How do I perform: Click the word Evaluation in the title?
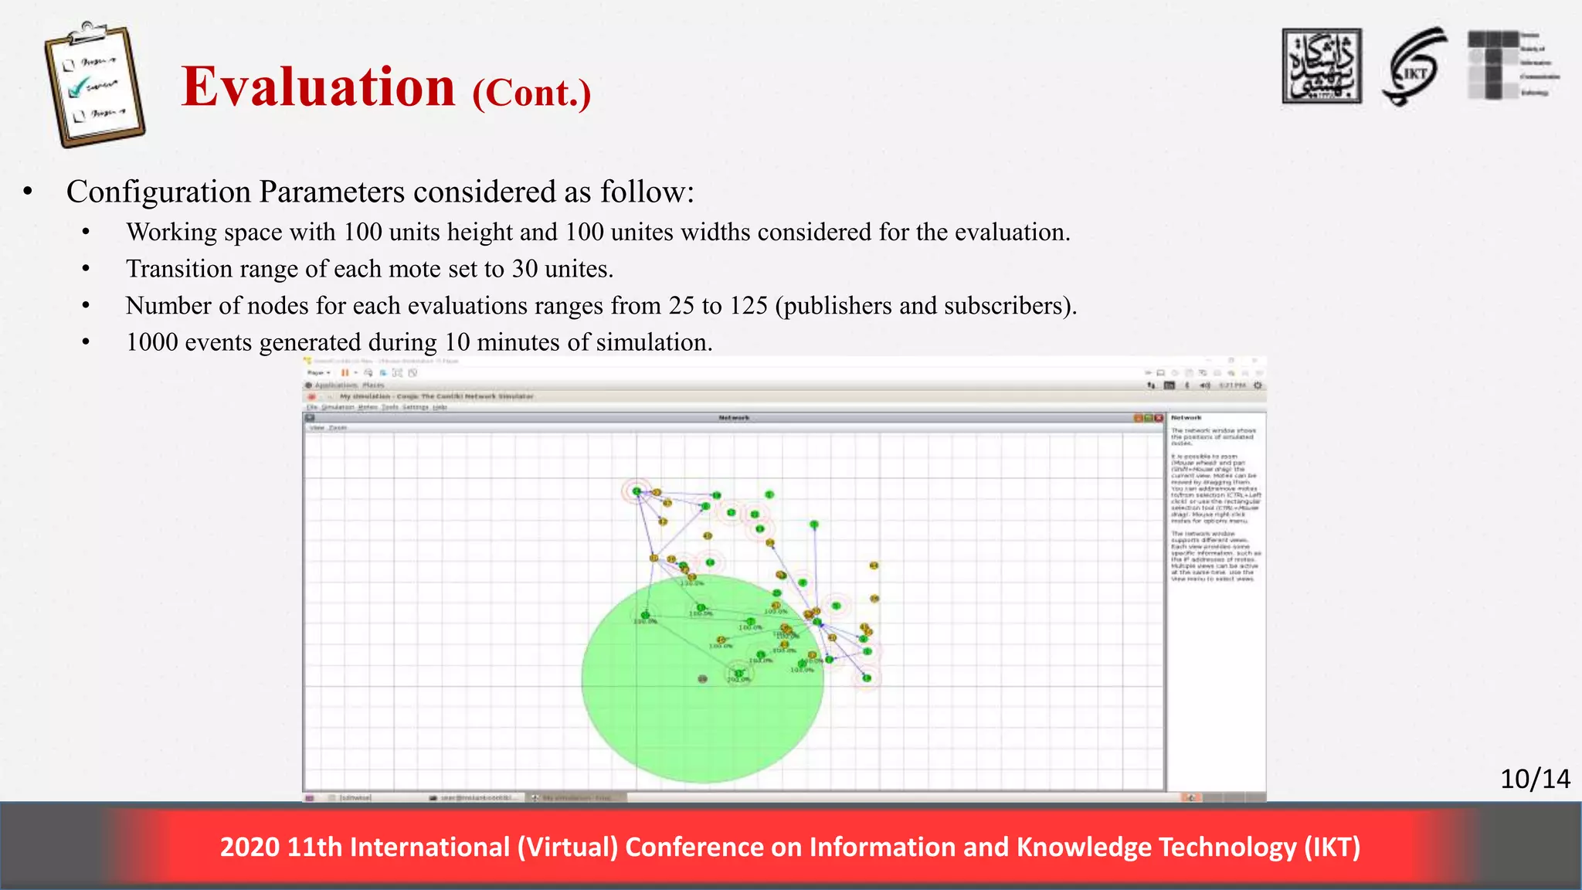318,87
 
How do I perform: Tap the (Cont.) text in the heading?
531,93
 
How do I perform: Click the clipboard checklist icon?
94,84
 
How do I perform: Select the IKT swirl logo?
1415,68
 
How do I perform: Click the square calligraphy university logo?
1322,66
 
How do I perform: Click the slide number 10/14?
1534,779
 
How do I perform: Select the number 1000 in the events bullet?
151,342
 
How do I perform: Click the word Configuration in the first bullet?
158,192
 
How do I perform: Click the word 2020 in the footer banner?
249,848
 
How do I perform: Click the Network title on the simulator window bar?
733,418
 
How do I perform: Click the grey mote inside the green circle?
702,679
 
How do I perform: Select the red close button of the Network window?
1159,418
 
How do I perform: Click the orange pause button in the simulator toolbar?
345,372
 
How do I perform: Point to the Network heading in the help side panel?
1186,418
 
